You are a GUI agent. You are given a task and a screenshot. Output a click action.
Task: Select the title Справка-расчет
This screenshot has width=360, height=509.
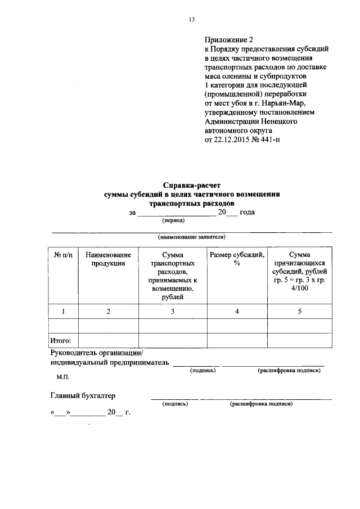click(x=193, y=184)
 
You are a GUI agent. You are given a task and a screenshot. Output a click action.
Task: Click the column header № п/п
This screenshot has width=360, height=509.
click(x=63, y=255)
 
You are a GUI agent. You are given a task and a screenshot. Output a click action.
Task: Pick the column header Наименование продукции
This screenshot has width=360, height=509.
click(x=108, y=259)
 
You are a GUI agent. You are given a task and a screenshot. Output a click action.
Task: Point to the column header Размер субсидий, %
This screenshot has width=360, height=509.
click(x=237, y=259)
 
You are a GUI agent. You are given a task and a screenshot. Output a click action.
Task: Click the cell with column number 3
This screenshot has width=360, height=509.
click(x=173, y=311)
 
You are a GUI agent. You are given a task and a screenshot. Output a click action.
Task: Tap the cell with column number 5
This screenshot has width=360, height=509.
click(x=299, y=311)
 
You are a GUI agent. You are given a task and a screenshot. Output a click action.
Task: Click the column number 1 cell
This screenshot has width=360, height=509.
click(x=63, y=311)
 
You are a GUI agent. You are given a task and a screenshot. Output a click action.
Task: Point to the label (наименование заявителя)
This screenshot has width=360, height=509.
click(x=191, y=237)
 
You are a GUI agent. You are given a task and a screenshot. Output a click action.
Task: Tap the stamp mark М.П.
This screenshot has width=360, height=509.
click(x=62, y=378)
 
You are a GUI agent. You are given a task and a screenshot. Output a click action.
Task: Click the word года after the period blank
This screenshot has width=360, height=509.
click(x=247, y=212)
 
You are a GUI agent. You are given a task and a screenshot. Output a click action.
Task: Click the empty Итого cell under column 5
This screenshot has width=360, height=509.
click(x=299, y=340)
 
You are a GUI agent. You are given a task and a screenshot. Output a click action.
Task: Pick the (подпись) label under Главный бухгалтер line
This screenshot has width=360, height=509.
click(x=174, y=403)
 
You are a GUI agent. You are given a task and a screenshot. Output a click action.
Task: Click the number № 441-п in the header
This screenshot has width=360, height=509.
click(x=260, y=138)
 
